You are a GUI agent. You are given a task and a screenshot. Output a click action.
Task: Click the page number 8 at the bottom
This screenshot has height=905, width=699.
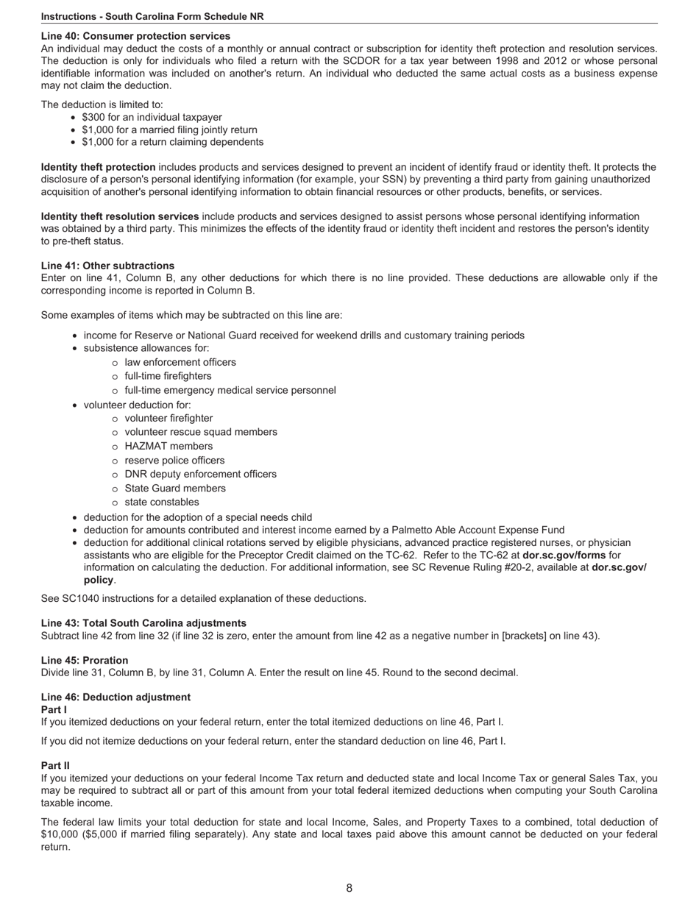349,888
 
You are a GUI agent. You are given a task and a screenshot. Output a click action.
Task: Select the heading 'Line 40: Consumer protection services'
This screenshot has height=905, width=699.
135,36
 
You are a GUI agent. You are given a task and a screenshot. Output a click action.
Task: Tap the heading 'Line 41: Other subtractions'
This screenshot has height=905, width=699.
107,266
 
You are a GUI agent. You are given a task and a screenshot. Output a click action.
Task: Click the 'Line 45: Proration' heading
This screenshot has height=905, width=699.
85,660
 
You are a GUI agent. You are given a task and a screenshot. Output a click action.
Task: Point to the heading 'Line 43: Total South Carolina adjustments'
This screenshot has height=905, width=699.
143,622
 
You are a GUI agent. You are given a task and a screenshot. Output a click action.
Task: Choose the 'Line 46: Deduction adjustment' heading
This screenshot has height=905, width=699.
116,697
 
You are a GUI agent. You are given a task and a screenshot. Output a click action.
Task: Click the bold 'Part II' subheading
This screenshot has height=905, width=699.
55,765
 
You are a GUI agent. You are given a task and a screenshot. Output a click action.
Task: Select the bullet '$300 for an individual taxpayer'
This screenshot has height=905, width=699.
152,117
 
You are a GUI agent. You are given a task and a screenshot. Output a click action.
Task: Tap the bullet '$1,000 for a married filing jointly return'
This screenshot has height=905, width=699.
169,129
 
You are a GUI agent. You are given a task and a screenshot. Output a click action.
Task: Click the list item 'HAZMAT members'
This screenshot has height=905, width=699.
168,446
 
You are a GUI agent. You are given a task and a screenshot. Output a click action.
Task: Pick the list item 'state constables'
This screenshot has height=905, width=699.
162,502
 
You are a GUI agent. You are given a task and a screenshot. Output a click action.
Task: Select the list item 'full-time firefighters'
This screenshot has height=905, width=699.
168,376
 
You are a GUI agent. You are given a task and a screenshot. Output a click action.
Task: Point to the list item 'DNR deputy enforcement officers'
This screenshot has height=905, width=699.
200,474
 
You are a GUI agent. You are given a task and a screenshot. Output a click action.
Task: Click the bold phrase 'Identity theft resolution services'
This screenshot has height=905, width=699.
120,216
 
